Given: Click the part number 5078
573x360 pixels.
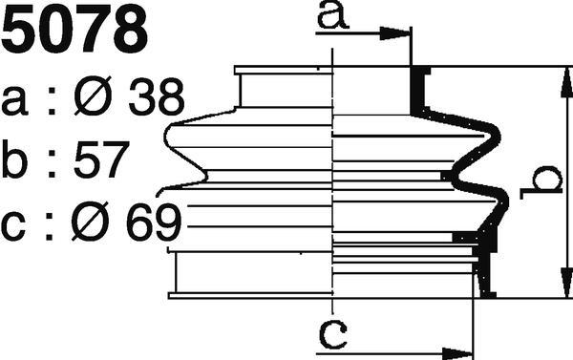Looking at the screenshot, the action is [74, 30].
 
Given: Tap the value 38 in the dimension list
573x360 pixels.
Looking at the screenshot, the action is [156, 96].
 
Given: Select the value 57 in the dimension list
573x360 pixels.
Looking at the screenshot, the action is [101, 159].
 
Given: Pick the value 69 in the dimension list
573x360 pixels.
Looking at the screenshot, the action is [154, 222].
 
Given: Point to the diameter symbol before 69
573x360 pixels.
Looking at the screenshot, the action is [90, 222].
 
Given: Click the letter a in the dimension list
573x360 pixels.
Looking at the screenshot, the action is [14, 101].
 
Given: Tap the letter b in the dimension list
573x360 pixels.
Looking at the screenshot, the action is [14, 159].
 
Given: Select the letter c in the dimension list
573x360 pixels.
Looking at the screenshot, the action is [13, 226].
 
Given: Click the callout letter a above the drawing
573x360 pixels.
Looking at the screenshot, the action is [332, 15].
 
